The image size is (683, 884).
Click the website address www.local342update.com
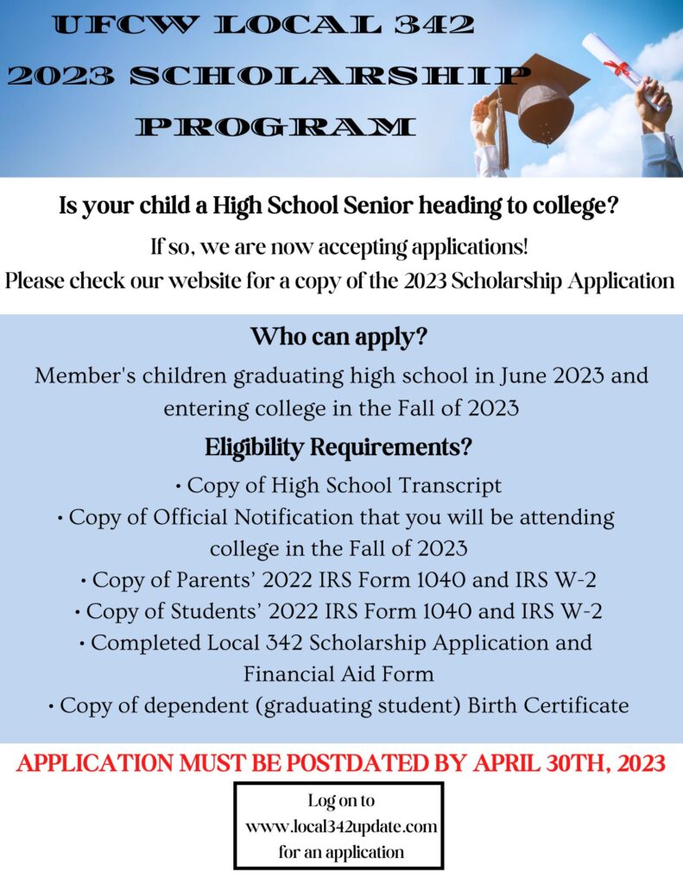click(x=341, y=827)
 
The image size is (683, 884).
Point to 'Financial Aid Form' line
click(x=338, y=672)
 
